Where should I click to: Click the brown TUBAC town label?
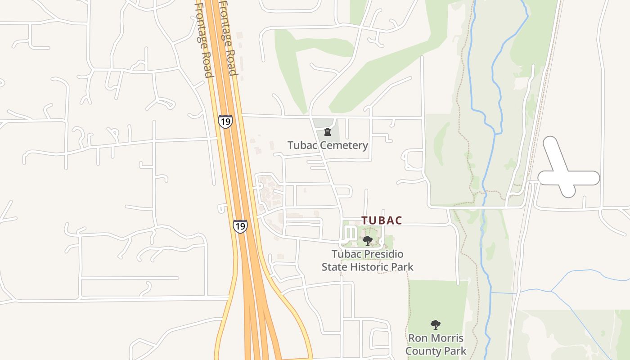(382, 220)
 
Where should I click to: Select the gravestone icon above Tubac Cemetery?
(328, 132)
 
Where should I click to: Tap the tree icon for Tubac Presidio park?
(367, 240)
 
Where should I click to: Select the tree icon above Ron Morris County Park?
(435, 324)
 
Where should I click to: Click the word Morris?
(448, 338)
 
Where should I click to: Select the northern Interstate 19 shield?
(225, 121)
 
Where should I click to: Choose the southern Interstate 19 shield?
(240, 226)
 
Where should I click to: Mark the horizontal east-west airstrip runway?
(583, 178)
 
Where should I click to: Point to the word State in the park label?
(335, 267)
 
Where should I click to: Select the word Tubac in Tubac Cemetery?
(301, 145)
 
